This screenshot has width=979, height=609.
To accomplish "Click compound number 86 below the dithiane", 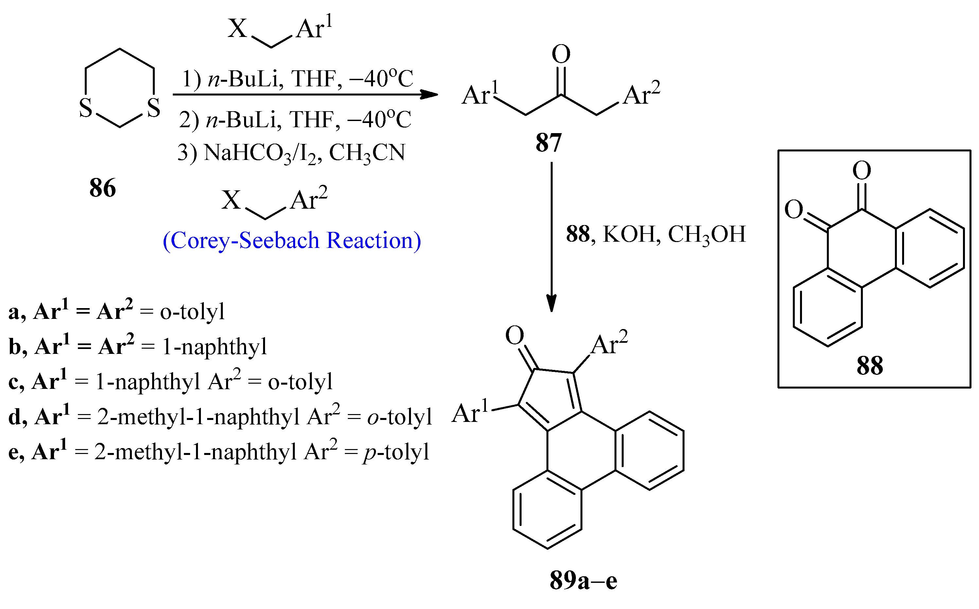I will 103,188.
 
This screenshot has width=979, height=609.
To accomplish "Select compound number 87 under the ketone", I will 548,143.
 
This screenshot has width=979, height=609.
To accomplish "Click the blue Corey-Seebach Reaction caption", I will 292,240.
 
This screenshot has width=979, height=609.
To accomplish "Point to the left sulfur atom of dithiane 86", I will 85,108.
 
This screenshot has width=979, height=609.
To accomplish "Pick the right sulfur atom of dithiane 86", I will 153,108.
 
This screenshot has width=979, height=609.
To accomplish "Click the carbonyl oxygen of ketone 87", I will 561,54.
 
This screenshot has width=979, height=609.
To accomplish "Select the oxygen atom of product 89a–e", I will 514,335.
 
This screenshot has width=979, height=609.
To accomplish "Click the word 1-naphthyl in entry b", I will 214,347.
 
